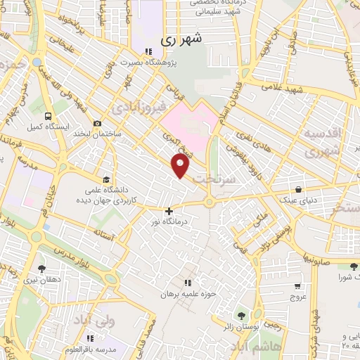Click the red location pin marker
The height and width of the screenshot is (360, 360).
tap(181, 167)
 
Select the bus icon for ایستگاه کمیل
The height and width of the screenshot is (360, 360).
tap(48, 116)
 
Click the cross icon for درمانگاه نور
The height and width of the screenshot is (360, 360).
tap(169, 210)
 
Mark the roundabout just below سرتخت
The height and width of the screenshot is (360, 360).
tap(210, 202)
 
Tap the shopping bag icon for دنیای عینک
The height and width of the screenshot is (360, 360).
tap(300, 189)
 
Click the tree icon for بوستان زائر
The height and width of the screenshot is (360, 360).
tap(243, 316)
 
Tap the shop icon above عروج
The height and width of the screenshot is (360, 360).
tap(297, 286)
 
